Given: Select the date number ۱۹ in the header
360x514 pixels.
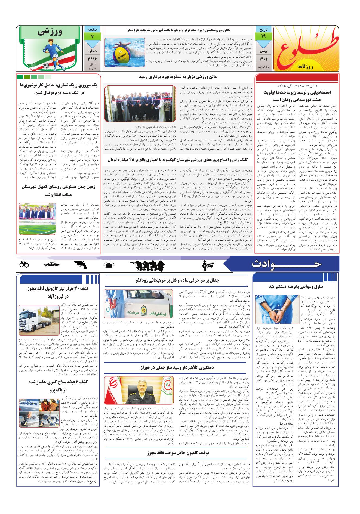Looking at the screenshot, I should [263, 36].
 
